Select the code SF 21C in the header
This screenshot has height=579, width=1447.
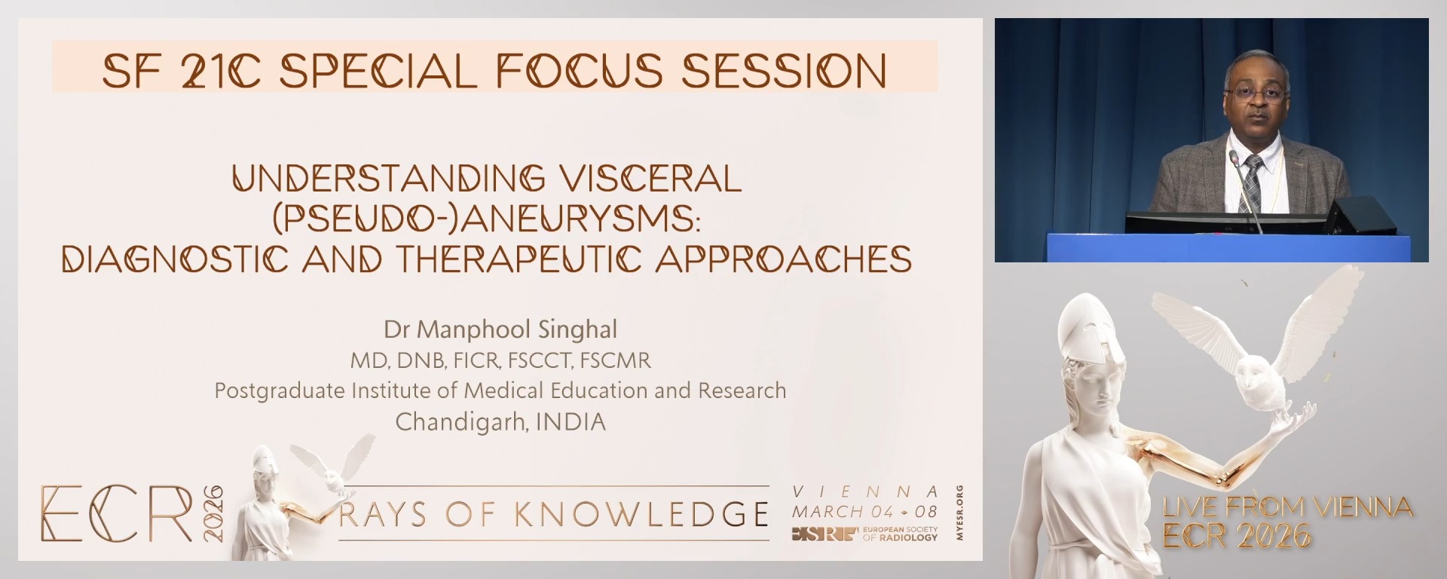[182, 71]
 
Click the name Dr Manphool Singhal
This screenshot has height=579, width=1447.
[500, 329]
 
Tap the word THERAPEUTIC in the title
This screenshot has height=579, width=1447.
[519, 259]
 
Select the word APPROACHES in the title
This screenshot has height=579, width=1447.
[784, 259]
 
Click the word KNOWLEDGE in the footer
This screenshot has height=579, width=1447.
[641, 514]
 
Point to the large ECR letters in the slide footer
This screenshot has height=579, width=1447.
[117, 513]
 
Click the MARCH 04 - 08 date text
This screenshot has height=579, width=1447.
[864, 511]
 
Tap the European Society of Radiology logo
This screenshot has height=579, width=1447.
[864, 534]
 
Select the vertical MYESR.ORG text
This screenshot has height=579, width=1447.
[959, 513]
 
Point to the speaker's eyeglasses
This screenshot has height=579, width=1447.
[1256, 93]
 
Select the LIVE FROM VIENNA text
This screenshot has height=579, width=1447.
[1287, 507]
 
